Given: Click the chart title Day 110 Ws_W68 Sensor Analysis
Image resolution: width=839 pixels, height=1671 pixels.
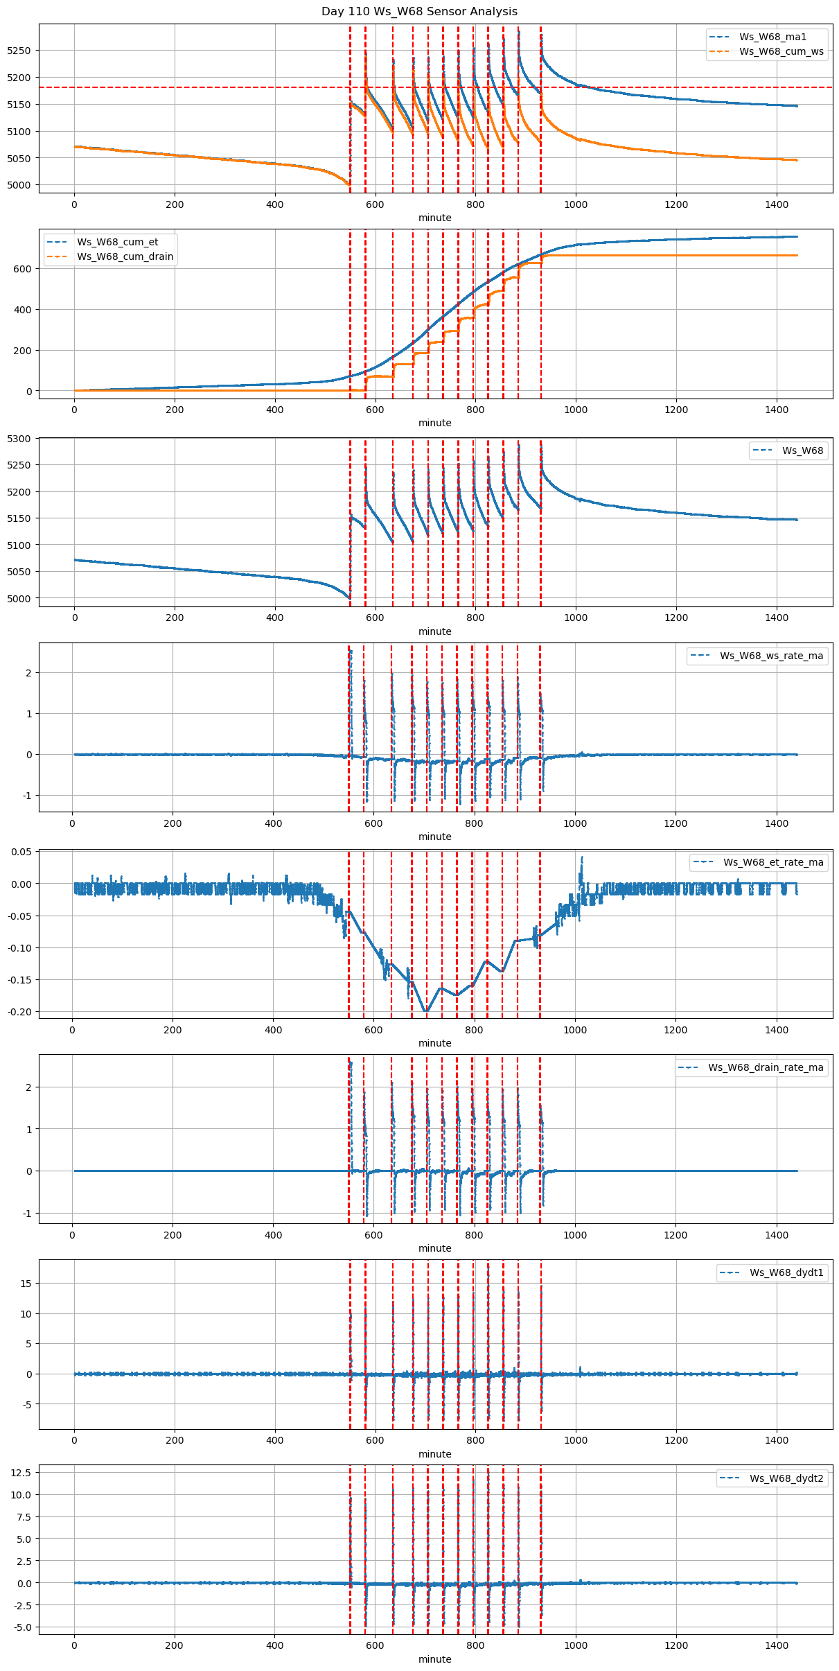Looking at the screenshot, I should (x=419, y=12).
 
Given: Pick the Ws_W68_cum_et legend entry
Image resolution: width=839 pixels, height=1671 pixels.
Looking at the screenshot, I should (x=117, y=242).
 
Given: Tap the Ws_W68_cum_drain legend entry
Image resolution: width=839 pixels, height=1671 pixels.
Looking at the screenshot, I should (x=125, y=256).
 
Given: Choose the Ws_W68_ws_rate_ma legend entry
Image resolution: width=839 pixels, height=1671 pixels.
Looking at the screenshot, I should (x=771, y=656).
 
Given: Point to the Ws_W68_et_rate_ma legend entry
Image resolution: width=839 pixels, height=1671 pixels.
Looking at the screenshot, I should (x=773, y=862).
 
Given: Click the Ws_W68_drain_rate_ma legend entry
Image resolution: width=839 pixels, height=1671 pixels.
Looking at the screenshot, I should (x=766, y=1067).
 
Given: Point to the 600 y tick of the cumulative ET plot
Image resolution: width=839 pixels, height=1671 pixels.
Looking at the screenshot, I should (x=24, y=269).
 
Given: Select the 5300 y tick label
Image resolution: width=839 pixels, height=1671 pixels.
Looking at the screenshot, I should (x=19, y=439).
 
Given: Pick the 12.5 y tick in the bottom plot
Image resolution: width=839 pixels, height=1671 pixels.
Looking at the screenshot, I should (x=21, y=1472).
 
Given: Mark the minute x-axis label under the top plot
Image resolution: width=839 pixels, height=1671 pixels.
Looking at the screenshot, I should (x=435, y=218).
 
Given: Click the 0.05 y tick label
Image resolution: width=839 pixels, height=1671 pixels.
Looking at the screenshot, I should (x=20, y=852).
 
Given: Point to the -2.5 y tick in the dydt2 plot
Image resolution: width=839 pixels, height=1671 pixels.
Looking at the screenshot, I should (x=21, y=1605).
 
